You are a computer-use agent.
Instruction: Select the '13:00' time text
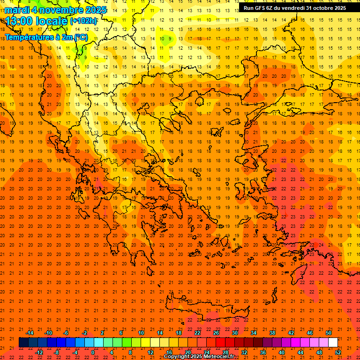coord(19,21)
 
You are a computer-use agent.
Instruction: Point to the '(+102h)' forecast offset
coord(83,21)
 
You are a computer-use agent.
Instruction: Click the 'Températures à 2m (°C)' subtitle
coord(46,37)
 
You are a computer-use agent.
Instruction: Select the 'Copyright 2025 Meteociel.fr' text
coord(199,357)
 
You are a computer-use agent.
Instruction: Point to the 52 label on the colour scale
coord(338,352)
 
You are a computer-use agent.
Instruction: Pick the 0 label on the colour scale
coord(93,352)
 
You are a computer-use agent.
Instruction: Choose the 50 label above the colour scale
coord(328,333)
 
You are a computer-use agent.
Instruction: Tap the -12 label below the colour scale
coord(39,352)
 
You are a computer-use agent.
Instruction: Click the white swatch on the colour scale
coord(333,342)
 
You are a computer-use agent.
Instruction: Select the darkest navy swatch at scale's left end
coord(23,342)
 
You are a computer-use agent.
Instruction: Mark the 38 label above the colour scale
coord(272,333)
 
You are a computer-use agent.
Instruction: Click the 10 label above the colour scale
coord(141,333)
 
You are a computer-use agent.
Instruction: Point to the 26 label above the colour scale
coord(216,333)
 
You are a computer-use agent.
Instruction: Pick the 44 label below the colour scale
coord(300,352)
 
